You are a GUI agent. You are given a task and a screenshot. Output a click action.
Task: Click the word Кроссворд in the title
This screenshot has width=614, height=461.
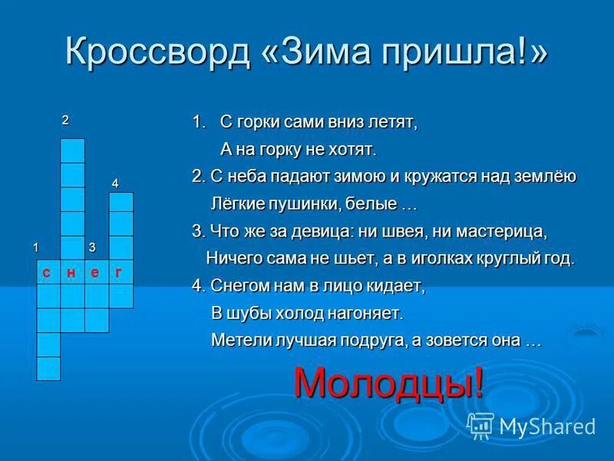click(x=157, y=52)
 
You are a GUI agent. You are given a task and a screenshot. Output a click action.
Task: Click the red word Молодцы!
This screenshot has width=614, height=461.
click(x=389, y=382)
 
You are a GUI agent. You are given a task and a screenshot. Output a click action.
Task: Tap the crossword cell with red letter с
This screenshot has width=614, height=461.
click(x=48, y=272)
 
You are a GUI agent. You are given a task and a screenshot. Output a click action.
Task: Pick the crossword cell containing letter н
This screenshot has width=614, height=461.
click(x=72, y=272)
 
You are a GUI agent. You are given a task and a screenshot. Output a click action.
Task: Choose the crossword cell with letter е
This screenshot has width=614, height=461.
click(x=96, y=272)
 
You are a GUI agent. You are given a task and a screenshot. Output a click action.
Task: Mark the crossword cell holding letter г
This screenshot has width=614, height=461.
click(x=120, y=272)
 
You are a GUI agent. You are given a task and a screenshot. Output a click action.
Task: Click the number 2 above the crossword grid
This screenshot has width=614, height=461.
click(x=65, y=120)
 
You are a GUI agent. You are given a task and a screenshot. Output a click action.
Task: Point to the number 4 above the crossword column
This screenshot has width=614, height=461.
click(x=115, y=183)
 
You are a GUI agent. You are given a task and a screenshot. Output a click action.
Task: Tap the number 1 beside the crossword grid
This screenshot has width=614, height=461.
click(x=35, y=247)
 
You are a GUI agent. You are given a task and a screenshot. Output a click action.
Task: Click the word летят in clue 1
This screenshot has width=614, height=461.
click(x=392, y=123)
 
